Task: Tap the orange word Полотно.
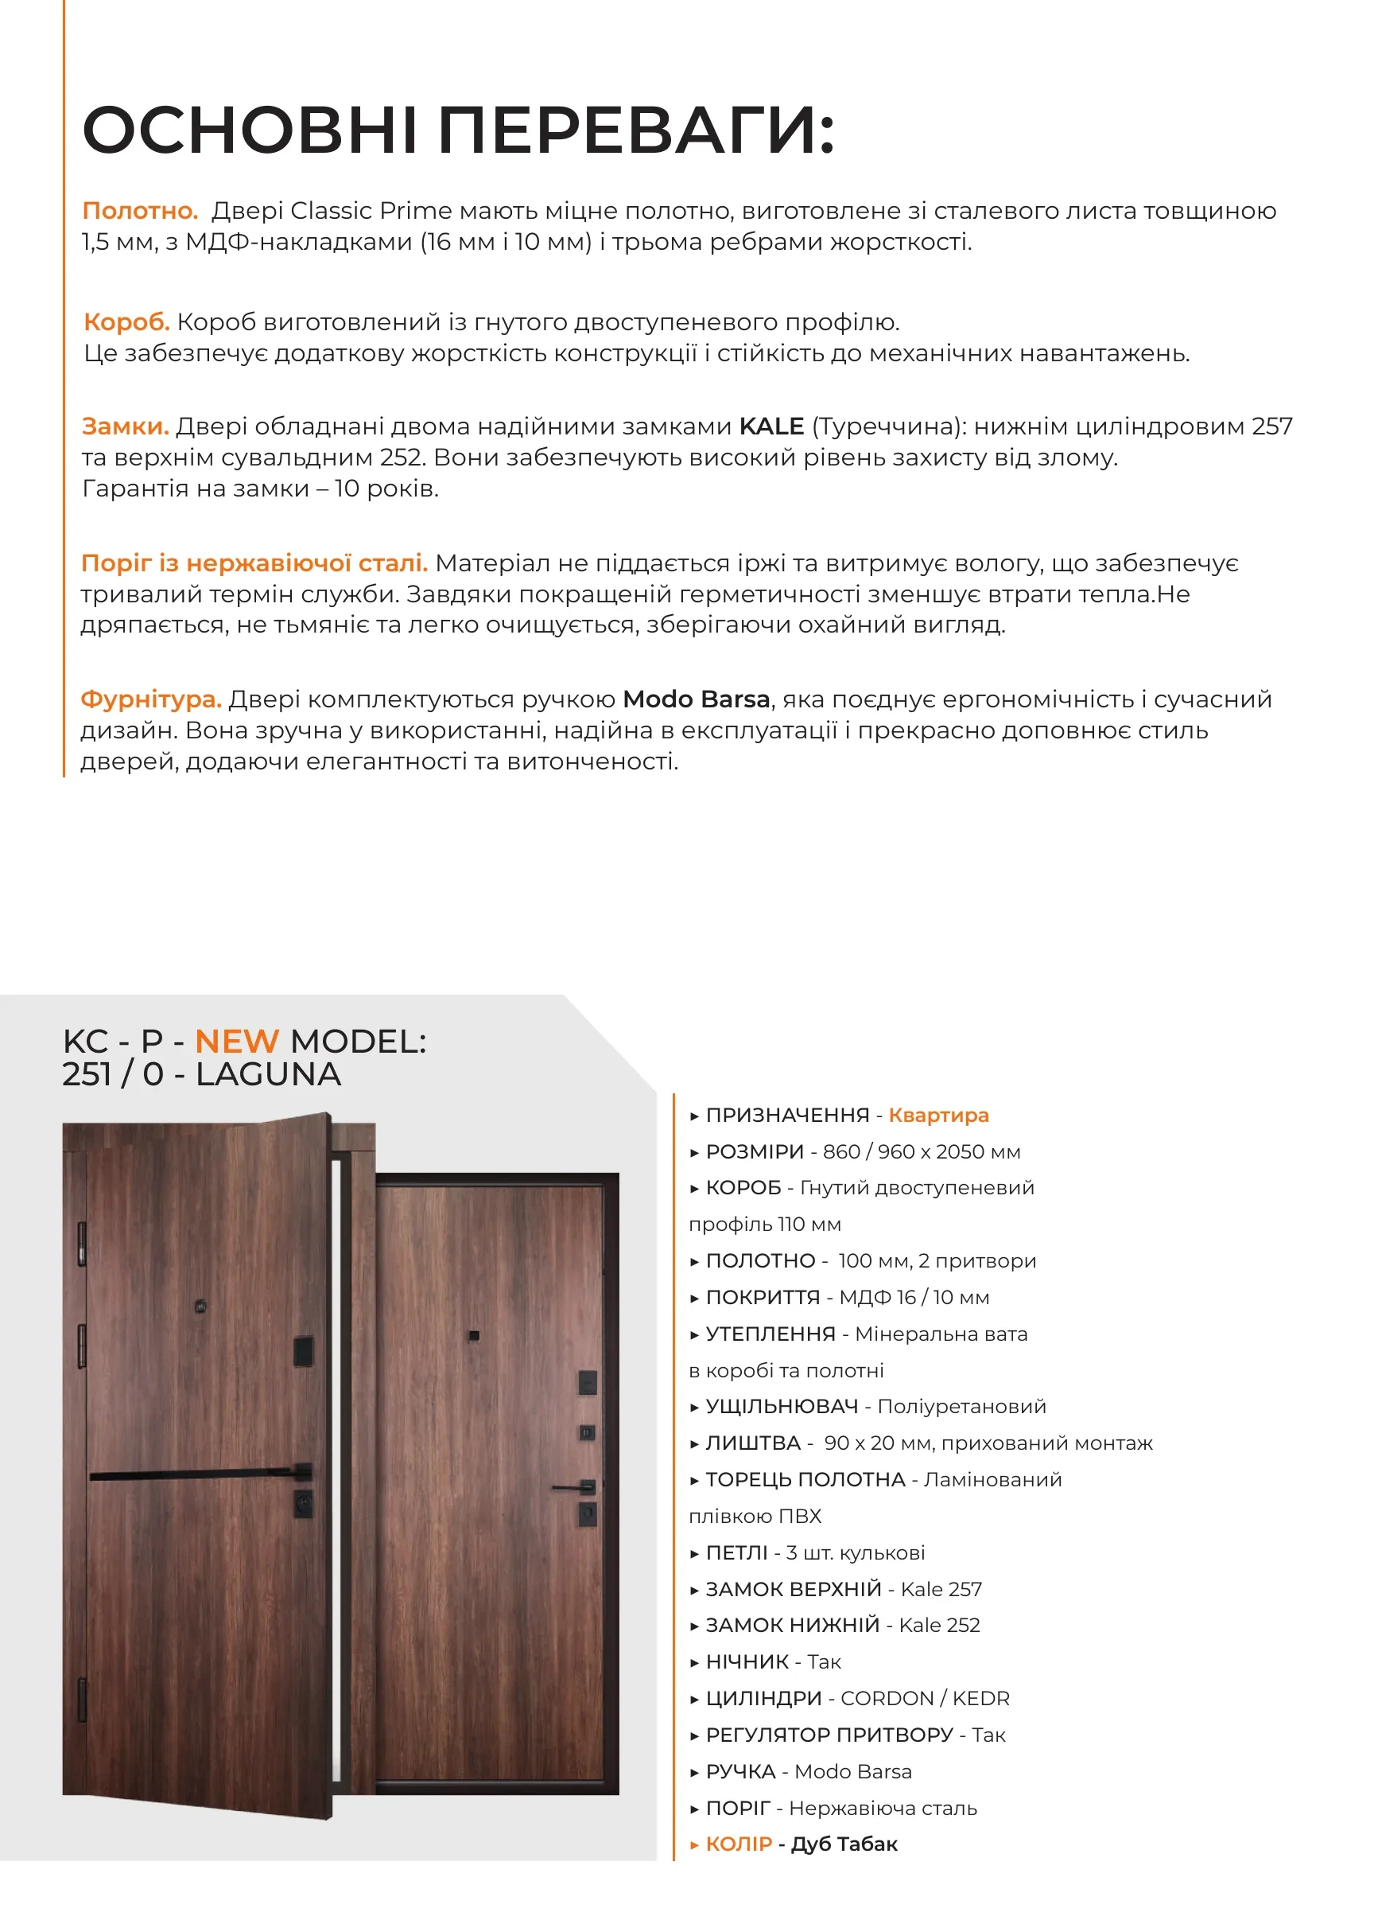pos(140,210)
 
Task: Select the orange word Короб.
pos(126,322)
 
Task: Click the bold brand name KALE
pos(771,426)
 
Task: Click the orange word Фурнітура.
pos(151,699)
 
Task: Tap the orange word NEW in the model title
pos(237,1041)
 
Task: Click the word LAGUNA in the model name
pos(268,1074)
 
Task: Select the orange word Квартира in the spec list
pos(938,1115)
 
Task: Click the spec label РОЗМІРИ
pos(754,1151)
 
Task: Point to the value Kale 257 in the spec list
pos(941,1589)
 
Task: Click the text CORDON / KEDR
pos(924,1698)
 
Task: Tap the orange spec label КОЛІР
pos(738,1844)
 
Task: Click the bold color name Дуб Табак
pos(844,1844)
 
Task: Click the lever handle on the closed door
pos(573,1487)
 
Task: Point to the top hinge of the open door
pos(82,1244)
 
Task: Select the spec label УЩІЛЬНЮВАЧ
pos(781,1407)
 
